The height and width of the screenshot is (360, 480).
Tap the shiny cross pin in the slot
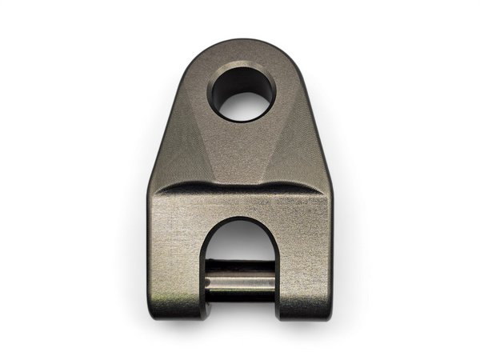point(240,282)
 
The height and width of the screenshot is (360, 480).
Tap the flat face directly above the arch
point(240,204)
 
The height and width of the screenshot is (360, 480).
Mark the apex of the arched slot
point(240,219)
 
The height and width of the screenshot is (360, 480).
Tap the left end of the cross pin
point(210,282)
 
